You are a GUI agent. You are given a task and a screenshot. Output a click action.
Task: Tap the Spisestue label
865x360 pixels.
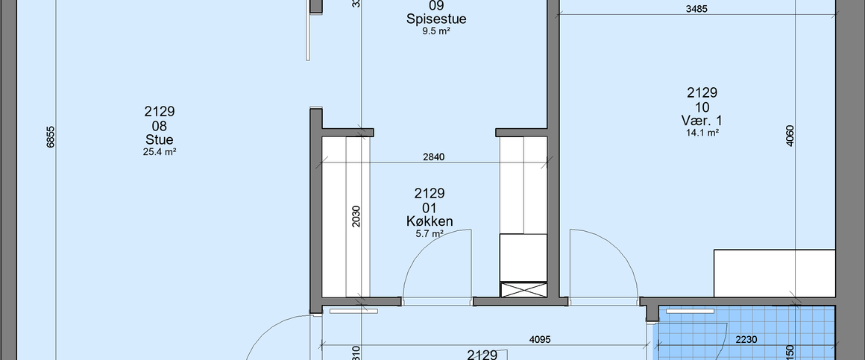click(x=436, y=19)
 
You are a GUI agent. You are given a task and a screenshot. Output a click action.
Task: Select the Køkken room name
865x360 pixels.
click(x=430, y=221)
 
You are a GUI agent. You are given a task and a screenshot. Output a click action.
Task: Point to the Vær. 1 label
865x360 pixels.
click(x=702, y=120)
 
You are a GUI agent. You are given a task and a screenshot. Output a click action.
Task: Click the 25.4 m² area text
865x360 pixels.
click(x=160, y=151)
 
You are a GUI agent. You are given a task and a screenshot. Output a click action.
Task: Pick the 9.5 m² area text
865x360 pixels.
click(x=436, y=31)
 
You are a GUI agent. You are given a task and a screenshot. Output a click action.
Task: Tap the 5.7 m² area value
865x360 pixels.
click(x=430, y=233)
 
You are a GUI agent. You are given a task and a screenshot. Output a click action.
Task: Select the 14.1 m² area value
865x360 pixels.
click(x=702, y=133)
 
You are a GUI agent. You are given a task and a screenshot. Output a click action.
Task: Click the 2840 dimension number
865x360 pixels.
click(x=434, y=157)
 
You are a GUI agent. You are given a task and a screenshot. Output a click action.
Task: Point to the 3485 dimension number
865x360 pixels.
click(x=696, y=9)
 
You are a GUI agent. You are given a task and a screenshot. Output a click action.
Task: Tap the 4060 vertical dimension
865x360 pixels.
click(x=790, y=137)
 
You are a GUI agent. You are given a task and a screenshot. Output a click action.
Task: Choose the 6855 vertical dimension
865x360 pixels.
click(x=51, y=137)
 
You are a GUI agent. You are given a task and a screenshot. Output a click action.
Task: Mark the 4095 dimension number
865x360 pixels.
click(x=540, y=339)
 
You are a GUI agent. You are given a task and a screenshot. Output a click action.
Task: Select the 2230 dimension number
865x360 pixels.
click(x=746, y=339)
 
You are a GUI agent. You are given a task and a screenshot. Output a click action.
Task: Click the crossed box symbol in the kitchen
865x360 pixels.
click(x=523, y=290)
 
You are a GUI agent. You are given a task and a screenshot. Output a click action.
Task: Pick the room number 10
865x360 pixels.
click(x=702, y=107)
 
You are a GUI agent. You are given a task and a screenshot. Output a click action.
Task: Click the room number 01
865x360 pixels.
click(x=430, y=207)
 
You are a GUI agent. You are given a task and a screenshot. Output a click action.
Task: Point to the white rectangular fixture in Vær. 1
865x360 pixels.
click(x=774, y=272)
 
